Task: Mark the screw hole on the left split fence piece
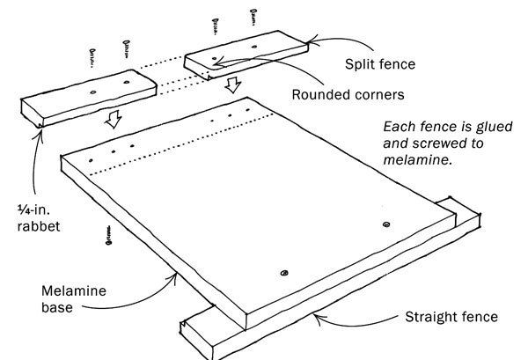[x=93, y=91]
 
